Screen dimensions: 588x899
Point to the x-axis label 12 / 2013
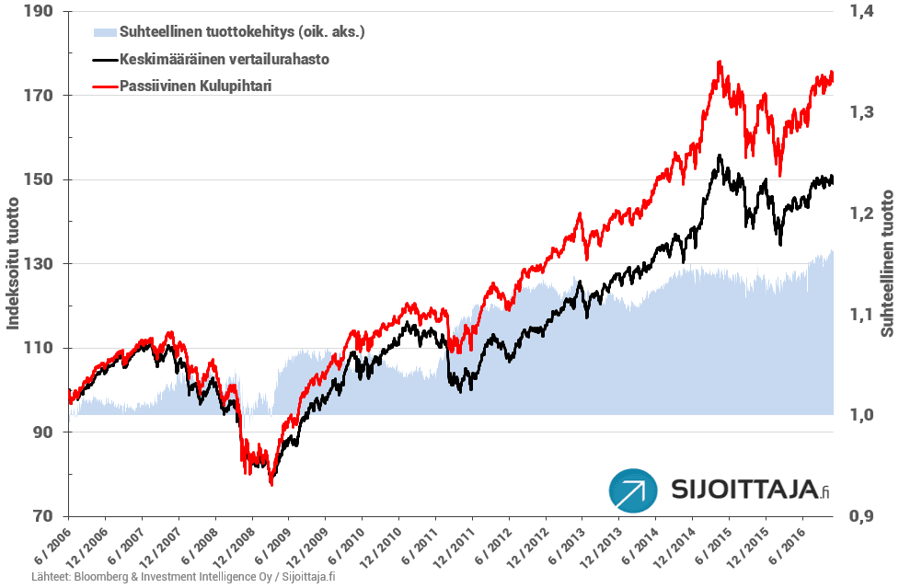click(598, 549)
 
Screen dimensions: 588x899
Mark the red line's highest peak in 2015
click(719, 63)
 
